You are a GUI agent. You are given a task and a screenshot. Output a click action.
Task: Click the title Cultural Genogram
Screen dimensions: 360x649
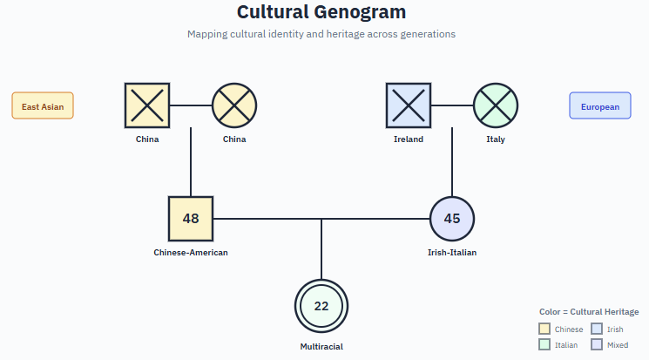coord(321,12)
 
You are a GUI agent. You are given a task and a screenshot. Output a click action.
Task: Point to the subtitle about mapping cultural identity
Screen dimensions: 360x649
coord(321,34)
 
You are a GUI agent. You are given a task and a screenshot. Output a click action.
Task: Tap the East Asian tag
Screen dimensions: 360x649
coord(43,106)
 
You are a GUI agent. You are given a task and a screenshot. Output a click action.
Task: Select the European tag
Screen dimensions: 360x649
coord(599,106)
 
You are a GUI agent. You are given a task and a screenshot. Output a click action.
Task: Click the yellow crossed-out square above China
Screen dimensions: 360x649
coord(147,105)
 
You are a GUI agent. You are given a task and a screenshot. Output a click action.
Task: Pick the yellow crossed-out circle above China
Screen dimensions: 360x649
coord(234,105)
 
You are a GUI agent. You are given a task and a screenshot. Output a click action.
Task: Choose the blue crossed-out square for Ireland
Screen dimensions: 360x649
coord(409,105)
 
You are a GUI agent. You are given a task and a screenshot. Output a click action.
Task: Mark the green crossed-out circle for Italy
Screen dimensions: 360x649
coord(496,105)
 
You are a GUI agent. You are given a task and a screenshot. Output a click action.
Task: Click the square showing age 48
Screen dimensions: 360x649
coord(191,218)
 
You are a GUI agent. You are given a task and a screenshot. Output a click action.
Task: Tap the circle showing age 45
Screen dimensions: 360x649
coord(452,218)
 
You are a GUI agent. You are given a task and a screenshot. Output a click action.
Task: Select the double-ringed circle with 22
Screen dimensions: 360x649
coord(321,306)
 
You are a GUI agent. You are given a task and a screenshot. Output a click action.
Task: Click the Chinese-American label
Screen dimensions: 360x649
coord(191,252)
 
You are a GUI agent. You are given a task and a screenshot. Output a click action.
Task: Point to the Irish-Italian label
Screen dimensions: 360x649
coord(452,252)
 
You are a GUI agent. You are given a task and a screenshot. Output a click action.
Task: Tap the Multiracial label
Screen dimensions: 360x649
coord(321,346)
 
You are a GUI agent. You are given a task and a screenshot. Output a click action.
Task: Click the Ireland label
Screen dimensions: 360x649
coord(409,139)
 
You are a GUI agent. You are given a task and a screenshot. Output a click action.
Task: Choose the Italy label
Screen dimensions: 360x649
coord(496,139)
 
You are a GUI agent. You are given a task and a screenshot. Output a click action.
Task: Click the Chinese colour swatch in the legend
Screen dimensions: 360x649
coord(544,329)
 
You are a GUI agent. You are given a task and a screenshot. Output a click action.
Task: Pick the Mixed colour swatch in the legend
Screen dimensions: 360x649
coord(597,344)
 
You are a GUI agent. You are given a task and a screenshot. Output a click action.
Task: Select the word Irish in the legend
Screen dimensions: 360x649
coord(615,329)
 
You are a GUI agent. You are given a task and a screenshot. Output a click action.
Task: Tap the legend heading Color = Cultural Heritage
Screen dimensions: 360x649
coord(589,311)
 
